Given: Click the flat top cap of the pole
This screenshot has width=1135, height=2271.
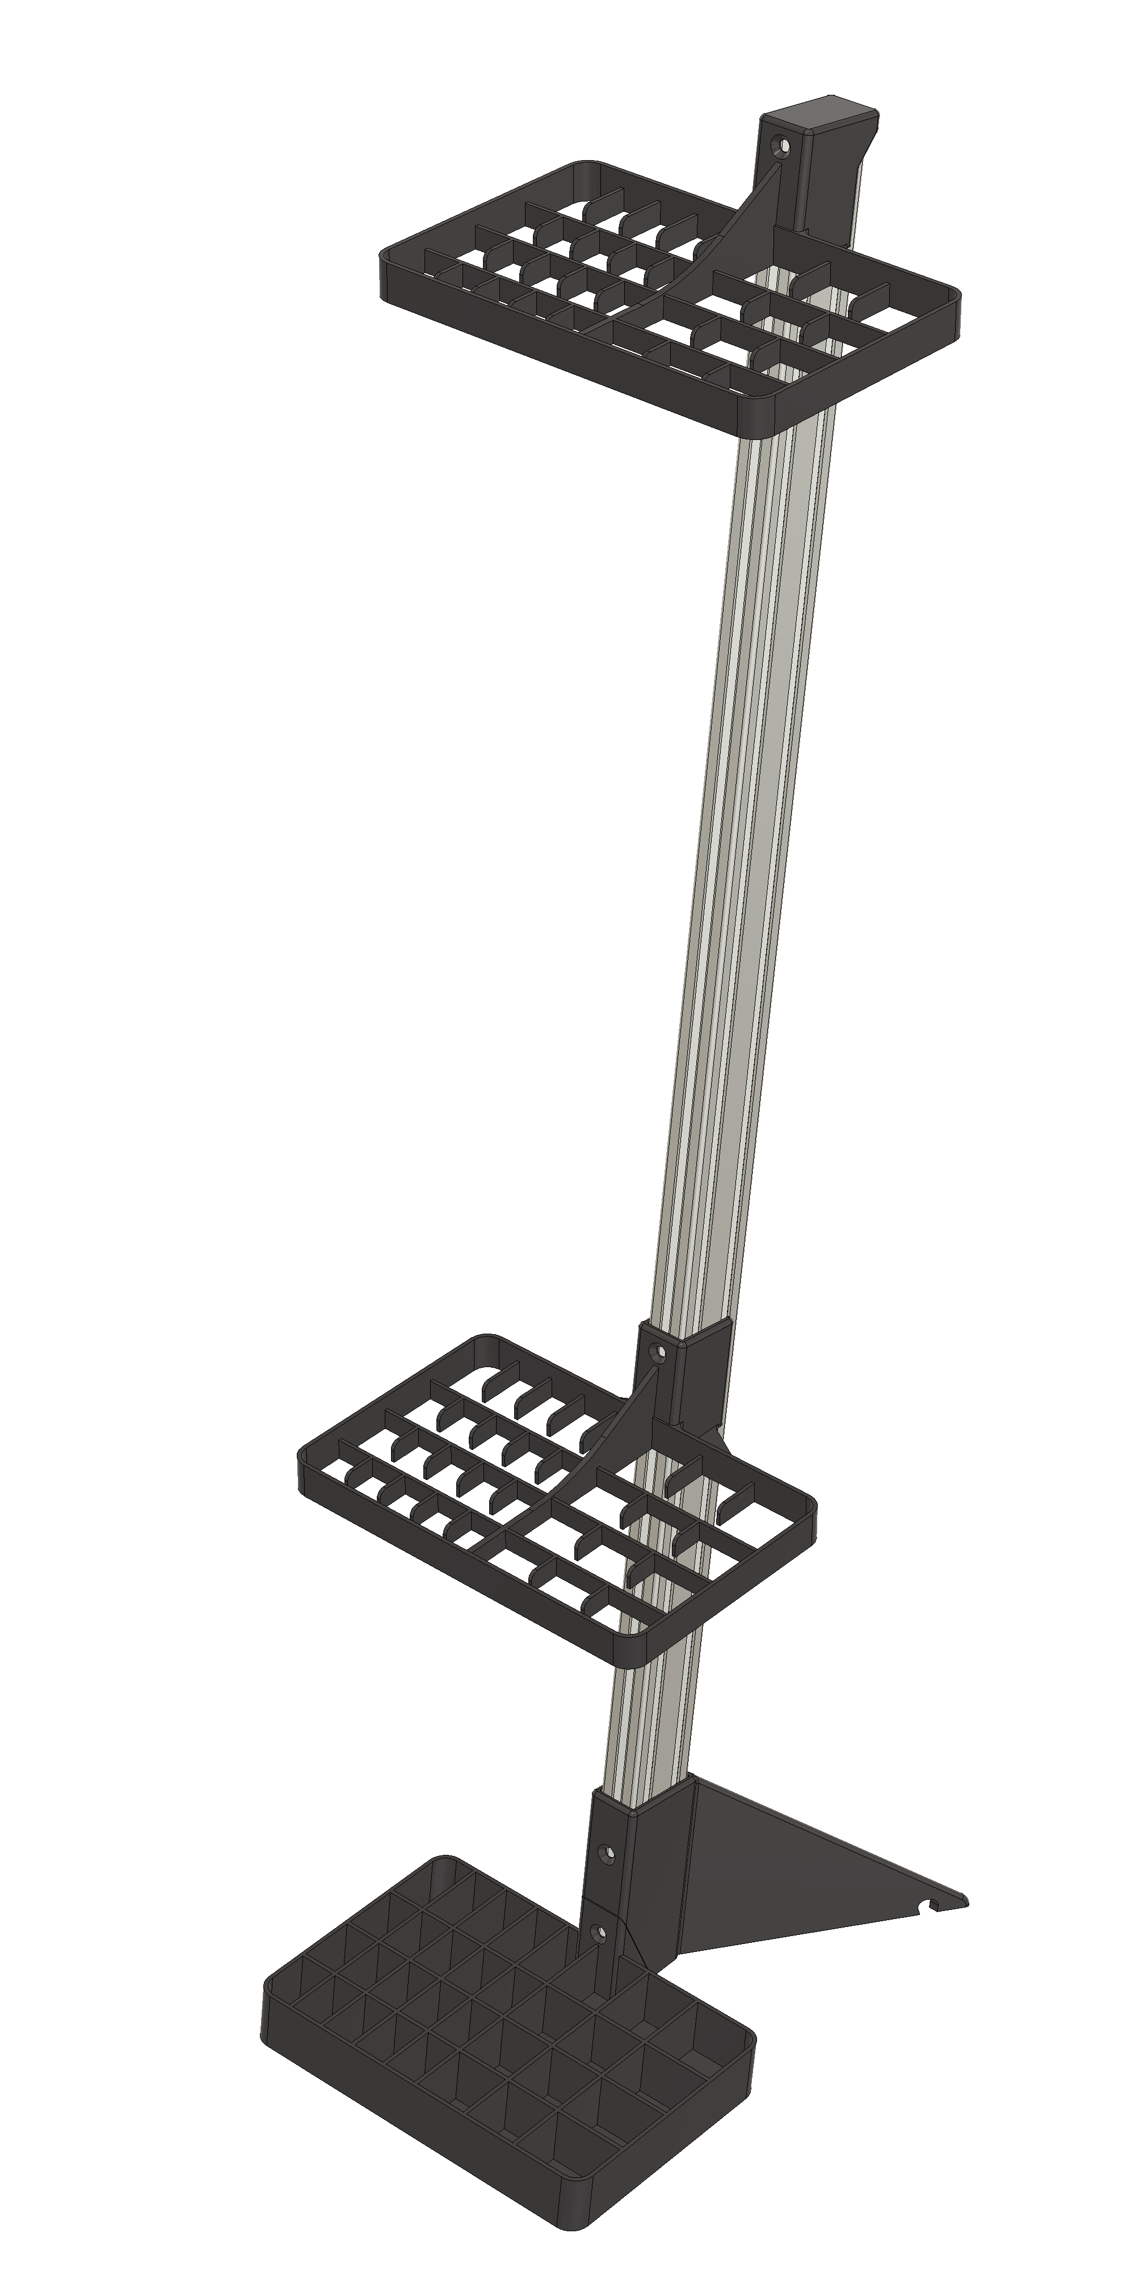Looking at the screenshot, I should [829, 113].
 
